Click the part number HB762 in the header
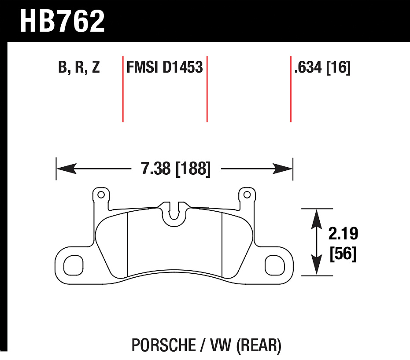tap(62, 21)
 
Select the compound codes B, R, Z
tap(79, 67)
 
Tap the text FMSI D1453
tap(164, 67)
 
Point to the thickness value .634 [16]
tap(322, 67)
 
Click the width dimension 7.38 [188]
tap(176, 169)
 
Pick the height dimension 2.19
tap(343, 234)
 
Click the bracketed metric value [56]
tap(343, 253)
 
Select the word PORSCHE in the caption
tap(164, 345)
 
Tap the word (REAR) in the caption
tap(259, 345)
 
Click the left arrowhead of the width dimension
tap(66, 169)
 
